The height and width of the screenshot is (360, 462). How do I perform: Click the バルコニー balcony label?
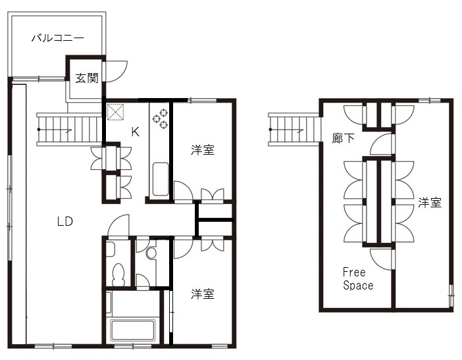pyautogui.click(x=58, y=38)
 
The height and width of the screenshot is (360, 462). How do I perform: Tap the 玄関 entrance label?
pyautogui.click(x=87, y=78)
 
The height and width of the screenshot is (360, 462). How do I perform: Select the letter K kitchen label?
pyautogui.click(x=135, y=132)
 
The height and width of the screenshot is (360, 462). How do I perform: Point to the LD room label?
pyautogui.click(x=64, y=221)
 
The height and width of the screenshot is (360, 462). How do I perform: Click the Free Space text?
pyautogui.click(x=357, y=279)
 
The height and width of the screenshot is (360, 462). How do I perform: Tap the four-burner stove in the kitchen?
pyautogui.click(x=160, y=118)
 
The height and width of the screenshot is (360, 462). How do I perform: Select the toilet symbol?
pyautogui.click(x=119, y=273)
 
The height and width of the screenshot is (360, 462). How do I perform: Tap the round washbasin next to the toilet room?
pyautogui.click(x=151, y=252)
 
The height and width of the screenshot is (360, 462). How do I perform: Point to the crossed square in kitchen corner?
pyautogui.click(x=116, y=113)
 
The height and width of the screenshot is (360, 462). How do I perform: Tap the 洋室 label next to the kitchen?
pyautogui.click(x=202, y=150)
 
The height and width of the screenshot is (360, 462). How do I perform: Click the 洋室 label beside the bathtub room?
pyautogui.click(x=202, y=294)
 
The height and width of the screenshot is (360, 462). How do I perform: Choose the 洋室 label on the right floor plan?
pyautogui.click(x=429, y=203)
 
